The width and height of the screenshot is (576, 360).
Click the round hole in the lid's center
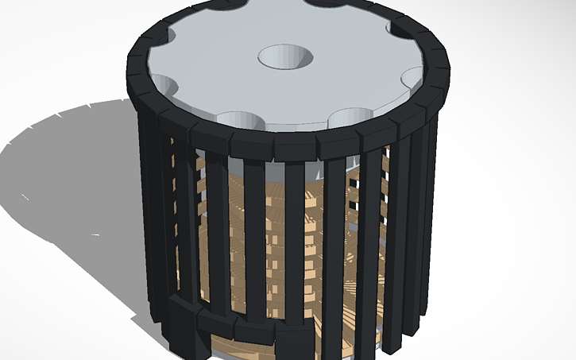coord(284,56)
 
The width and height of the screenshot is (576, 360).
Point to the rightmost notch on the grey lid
coord(415,78)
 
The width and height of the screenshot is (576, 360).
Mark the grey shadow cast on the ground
coord(72,175)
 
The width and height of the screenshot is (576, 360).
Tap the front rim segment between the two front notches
coord(296,145)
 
